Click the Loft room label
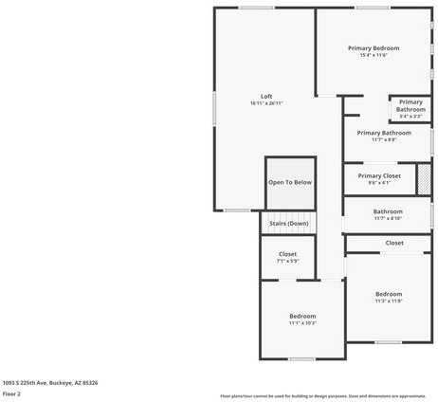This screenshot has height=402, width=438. coord(266,96)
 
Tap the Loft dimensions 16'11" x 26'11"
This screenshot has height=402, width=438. coord(266,102)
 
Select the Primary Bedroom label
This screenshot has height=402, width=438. coord(374,47)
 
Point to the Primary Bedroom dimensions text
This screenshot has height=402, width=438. coord(374,55)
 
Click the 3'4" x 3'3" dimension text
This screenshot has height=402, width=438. coord(411,116)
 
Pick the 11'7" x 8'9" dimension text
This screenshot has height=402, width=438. coord(384,139)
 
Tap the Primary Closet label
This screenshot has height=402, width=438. coord(379,175)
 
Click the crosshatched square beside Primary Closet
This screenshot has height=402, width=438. coord(424,177)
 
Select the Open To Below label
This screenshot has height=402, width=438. coord(290,182)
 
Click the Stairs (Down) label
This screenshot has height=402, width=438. coord(288,224)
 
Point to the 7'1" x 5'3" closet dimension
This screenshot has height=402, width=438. coord(288,261)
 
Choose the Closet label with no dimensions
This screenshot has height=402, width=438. coord(394,243)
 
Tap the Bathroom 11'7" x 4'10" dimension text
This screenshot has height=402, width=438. coord(388,218)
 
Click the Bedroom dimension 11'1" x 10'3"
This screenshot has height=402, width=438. coord(302,323)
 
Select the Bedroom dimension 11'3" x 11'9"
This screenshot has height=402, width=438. coord(389,301)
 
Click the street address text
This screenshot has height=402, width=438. coord(50,382)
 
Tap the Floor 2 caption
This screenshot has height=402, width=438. coord(11,393)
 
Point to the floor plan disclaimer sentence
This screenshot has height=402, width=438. coord(323,395)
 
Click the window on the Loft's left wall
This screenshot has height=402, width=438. coord(214,106)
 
